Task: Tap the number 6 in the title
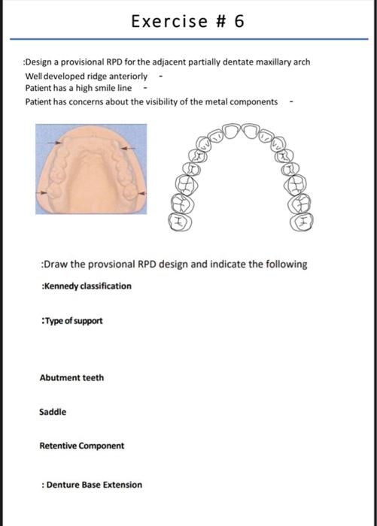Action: click(x=239, y=21)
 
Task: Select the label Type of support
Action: click(x=73, y=321)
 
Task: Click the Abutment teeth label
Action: click(x=71, y=377)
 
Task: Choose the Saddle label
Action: click(x=53, y=412)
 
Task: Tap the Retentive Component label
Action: click(x=82, y=446)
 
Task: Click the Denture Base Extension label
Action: click(x=94, y=485)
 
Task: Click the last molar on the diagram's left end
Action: click(x=181, y=221)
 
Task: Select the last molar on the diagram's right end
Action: click(x=304, y=221)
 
